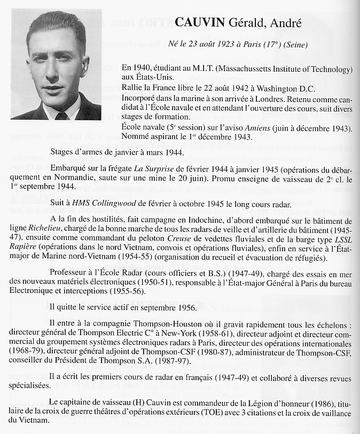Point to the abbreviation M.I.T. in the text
(204, 69)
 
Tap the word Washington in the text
(274, 89)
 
